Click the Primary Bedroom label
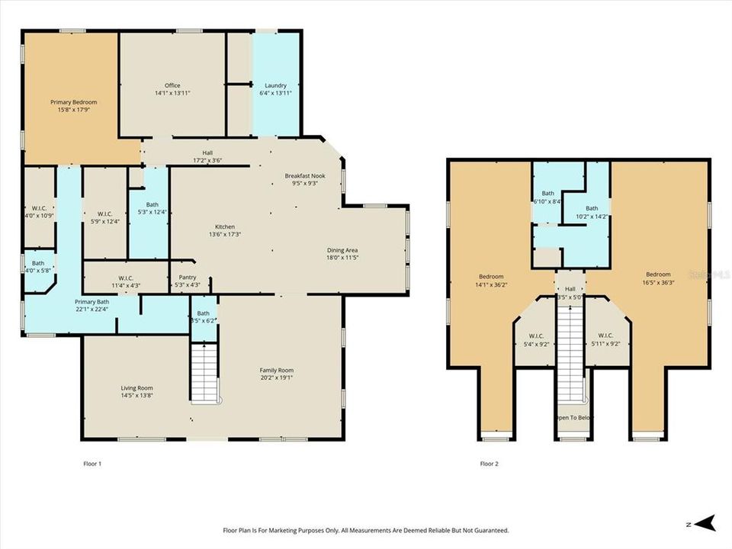point(74,102)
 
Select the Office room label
point(172,85)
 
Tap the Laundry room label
point(275,85)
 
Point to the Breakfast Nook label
point(305,176)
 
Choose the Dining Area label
point(342,250)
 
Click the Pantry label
point(188,278)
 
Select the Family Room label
point(276,370)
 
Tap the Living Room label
point(136,388)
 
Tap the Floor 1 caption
point(91,463)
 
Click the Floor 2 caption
point(489,463)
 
